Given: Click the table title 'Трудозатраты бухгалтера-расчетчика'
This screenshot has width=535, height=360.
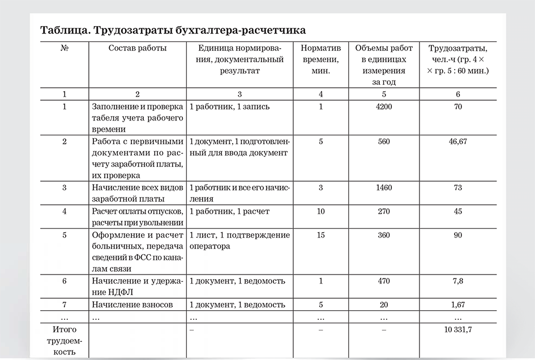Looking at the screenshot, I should coord(173,29).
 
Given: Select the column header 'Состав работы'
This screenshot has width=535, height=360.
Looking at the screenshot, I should coord(138,48).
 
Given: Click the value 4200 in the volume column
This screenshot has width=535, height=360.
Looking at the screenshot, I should coord(384,106).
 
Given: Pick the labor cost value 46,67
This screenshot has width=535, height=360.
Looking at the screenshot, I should coord(457,142).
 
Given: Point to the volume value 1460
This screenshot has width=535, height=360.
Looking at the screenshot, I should coord(384,187).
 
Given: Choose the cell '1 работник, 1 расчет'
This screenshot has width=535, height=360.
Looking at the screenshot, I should coord(229,212).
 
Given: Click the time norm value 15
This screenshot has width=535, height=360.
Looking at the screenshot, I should coord(320,235).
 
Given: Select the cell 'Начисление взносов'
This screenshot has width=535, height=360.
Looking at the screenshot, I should coord(132,305).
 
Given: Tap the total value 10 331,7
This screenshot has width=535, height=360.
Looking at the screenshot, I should coord(457,329).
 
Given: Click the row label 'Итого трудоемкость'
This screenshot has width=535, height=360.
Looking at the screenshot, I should coord(64,340).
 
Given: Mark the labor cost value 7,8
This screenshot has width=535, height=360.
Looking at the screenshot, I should coord(457,281).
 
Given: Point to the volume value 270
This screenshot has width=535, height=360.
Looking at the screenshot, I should coord(384,212).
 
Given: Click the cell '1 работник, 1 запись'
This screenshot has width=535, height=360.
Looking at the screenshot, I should coord(229,106).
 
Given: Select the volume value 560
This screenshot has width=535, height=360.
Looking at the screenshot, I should coord(384,142).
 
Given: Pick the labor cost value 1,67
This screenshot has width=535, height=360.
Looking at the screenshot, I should coord(457,305).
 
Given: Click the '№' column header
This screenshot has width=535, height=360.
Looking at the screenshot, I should coord(64,48).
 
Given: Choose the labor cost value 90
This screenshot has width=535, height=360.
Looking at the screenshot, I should coord(457,235).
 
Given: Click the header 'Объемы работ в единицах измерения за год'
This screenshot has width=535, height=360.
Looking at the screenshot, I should coord(384,65).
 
